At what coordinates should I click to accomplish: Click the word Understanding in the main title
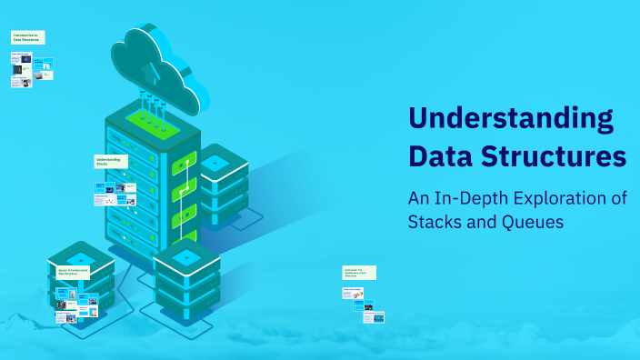510,119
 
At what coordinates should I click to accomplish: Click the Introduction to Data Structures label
27,37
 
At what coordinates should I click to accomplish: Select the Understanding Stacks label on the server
111,161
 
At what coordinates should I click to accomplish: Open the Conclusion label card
358,272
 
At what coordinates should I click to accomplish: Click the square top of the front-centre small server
186,256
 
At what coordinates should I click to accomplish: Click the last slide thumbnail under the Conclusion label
372,307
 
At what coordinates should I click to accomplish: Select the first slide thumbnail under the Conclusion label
353,293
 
